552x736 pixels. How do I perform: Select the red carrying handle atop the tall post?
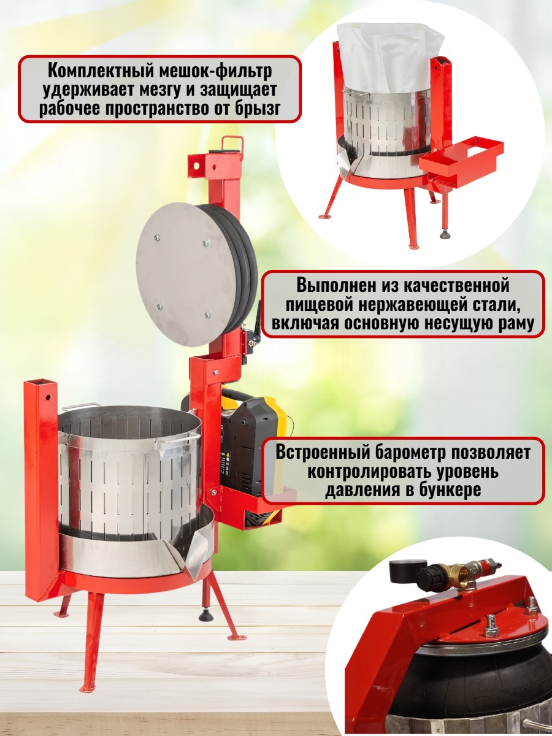[x=232, y=144]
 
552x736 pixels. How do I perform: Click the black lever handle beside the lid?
[x=258, y=320]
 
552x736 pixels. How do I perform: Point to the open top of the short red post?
[x=41, y=383]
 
